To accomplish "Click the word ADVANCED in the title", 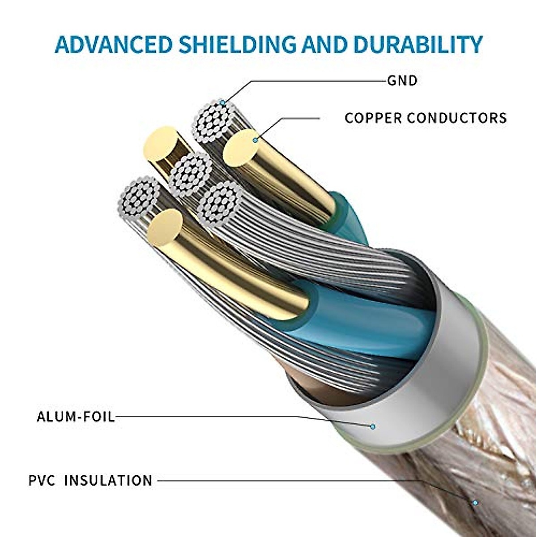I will click(x=114, y=44).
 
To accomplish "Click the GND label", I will click(x=402, y=81).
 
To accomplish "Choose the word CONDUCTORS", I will click(x=457, y=118).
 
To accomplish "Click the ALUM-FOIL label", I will click(x=76, y=417).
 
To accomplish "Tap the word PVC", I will click(x=42, y=481).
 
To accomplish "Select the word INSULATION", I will click(x=108, y=481).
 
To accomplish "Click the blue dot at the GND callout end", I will click(x=222, y=103).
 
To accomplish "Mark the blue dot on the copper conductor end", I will click(x=255, y=141).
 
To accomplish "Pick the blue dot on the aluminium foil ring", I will click(x=372, y=426).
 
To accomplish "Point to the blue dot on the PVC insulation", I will click(x=475, y=503).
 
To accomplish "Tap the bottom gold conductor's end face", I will click(x=165, y=227).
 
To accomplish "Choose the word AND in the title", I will click(x=324, y=44).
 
